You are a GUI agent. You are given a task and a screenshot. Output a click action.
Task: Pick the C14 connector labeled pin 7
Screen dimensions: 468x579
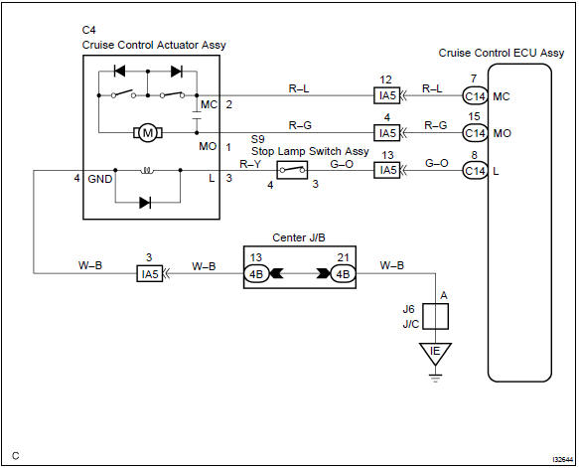(x=476, y=97)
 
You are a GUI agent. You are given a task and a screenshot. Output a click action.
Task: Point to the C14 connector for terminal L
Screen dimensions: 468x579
(x=476, y=171)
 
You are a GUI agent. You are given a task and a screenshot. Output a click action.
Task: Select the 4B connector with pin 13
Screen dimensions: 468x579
(x=257, y=273)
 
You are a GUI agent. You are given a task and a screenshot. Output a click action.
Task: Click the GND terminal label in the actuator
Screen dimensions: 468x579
(x=99, y=178)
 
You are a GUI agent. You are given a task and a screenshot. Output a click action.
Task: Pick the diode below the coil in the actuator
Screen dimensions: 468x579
(x=151, y=202)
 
